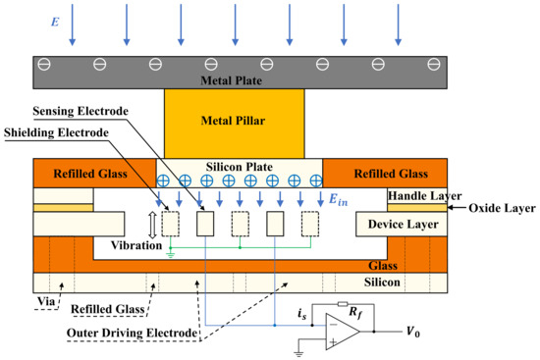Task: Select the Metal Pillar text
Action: tap(243, 123)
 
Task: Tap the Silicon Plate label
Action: tap(242, 166)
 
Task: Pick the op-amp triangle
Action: tap(344, 332)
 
